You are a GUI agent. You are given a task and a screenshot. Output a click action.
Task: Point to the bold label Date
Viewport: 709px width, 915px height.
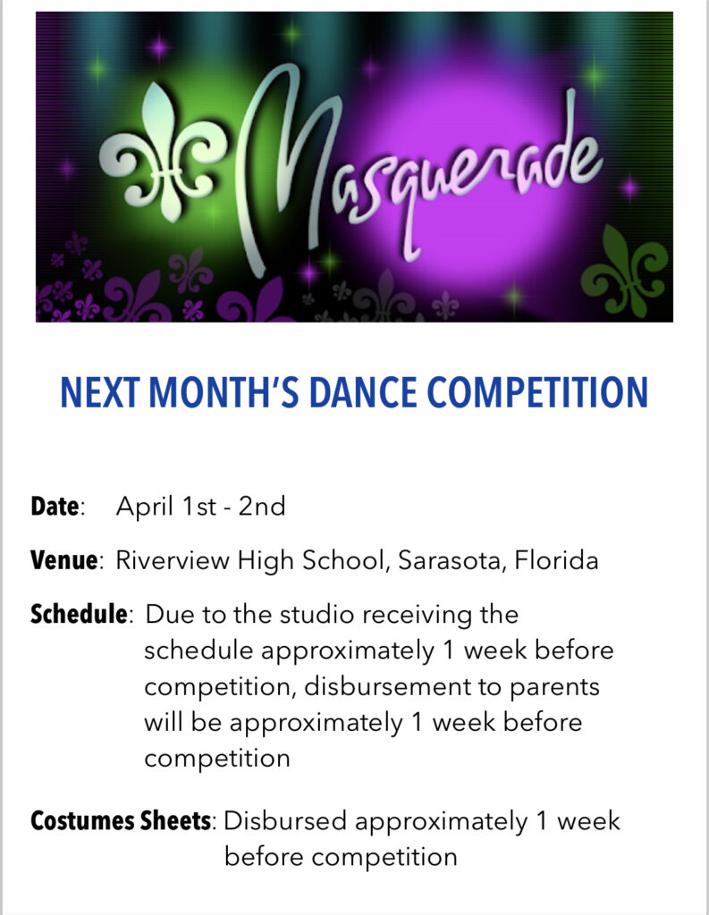pos(55,506)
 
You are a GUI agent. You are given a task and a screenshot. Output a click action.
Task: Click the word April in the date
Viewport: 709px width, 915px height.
pos(145,506)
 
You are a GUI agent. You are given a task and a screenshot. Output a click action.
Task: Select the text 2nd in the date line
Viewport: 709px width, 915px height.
pos(262,506)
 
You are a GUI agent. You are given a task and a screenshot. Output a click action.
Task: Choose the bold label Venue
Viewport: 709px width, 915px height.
pos(63,560)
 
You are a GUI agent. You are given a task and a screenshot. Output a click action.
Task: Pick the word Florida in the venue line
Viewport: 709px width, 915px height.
pos(557,560)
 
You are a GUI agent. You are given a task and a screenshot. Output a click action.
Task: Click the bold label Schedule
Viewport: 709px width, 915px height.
pos(79,615)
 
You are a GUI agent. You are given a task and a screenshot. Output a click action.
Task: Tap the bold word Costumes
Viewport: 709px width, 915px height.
pos(82,820)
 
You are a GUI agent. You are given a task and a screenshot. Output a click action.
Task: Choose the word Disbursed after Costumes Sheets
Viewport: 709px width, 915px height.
pos(285,821)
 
